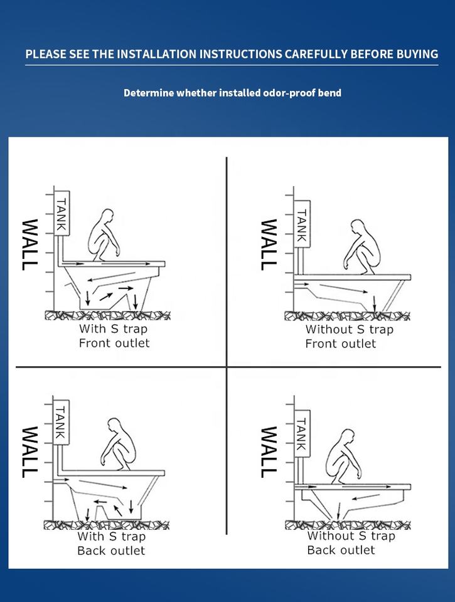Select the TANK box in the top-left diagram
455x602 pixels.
62,214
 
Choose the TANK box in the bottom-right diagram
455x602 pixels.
301,433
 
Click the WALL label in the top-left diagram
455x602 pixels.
28,244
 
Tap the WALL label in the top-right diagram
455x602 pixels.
268,244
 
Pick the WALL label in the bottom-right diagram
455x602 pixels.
268,451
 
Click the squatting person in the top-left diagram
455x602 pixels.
103,235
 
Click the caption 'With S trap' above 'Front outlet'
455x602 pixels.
113,329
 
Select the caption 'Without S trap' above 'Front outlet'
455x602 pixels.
350,329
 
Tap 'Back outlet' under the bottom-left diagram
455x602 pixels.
111,551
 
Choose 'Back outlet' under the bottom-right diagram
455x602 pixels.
341,550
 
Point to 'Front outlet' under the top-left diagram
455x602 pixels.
114,343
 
